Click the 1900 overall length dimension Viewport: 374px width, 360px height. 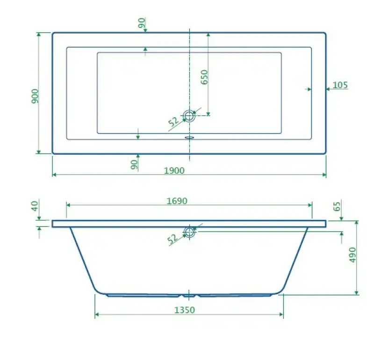click(x=174, y=170)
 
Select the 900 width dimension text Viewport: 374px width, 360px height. click(x=36, y=96)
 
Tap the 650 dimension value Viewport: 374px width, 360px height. click(x=204, y=77)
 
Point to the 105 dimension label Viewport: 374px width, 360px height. click(x=340, y=85)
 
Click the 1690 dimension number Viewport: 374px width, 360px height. click(x=177, y=201)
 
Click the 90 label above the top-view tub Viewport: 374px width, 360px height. click(x=142, y=23)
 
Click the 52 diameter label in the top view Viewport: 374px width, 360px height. click(x=174, y=122)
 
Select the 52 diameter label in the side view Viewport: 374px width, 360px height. click(x=173, y=239)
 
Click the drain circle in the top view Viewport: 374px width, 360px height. click(x=189, y=116)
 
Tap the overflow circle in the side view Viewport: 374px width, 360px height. click(x=189, y=232)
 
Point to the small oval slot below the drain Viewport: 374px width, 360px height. click(x=189, y=137)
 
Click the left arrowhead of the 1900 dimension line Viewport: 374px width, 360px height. click(x=54, y=175)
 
